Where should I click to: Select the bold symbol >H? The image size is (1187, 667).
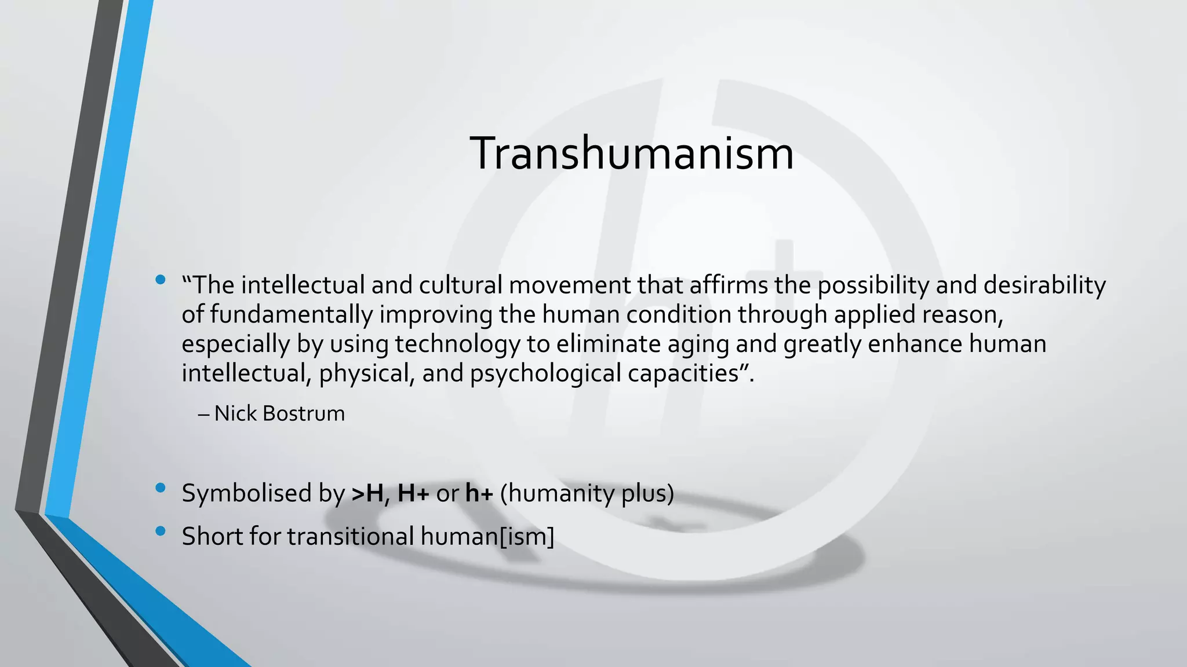point(367,493)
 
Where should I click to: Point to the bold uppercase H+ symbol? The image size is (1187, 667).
point(413,493)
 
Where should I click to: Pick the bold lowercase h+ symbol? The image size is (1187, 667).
point(479,493)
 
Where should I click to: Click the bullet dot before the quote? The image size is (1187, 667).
point(161,281)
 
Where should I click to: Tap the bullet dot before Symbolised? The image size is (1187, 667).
point(161,489)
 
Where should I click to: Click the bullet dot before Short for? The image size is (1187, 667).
point(161,531)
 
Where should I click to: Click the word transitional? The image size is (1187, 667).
point(351,536)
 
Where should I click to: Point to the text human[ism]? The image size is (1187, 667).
point(487,536)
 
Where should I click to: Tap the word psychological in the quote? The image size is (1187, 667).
point(545,373)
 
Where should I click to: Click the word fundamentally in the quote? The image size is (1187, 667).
point(291,314)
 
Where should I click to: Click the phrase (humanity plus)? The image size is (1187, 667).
point(587,493)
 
